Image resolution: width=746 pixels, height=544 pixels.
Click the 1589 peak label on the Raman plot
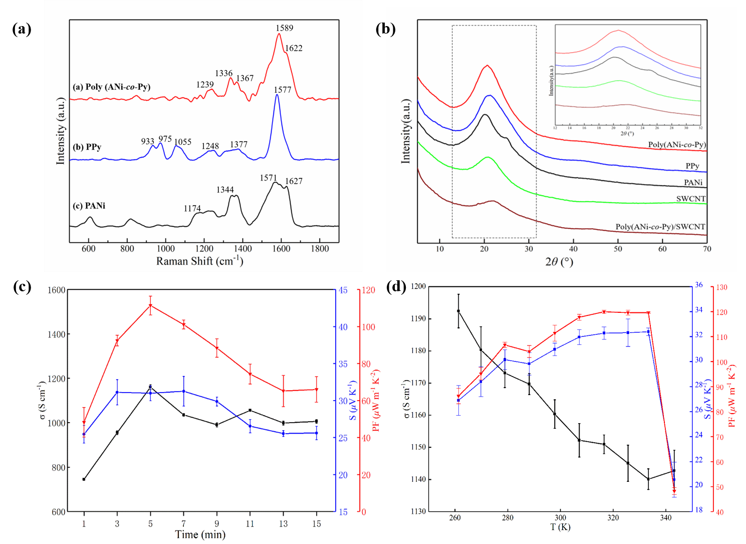tap(284, 28)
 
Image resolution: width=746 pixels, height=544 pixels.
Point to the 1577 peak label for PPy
tap(283, 90)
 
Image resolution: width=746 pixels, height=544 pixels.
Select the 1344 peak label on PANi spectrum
tap(225, 190)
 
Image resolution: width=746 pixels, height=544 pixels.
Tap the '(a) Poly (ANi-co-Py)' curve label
tap(111, 87)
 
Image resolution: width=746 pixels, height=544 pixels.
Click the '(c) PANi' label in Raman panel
tap(89, 206)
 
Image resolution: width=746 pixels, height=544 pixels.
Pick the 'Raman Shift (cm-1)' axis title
tap(199, 261)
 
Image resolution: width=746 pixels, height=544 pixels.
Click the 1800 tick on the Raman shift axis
tap(320, 249)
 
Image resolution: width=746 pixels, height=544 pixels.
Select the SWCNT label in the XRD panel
tap(690, 199)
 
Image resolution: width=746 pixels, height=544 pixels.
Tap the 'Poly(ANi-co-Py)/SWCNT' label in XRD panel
tap(660, 227)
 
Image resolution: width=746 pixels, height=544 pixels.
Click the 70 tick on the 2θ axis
tap(706, 249)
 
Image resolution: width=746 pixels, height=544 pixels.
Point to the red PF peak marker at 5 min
tap(150, 305)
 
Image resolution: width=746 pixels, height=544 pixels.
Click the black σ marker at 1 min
tap(84, 479)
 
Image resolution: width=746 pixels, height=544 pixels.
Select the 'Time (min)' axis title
tap(200, 534)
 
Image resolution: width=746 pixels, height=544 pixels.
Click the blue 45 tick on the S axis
tap(343, 290)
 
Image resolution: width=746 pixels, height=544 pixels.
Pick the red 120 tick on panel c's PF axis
tap(369, 290)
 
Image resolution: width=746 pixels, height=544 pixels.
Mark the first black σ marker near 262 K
tap(458, 311)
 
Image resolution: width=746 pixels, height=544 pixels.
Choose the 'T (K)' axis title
tap(560, 527)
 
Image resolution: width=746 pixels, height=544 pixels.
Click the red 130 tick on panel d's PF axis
tap(722, 287)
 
